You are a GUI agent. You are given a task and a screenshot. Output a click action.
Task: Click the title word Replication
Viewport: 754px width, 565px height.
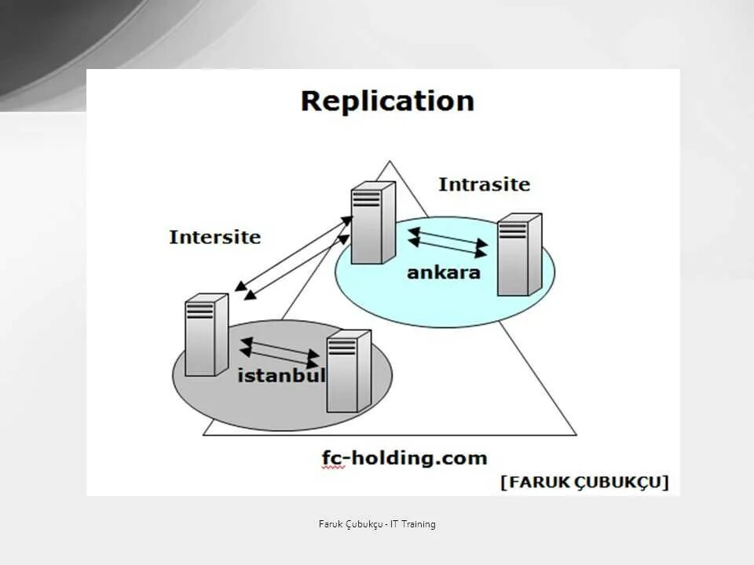tap(387, 101)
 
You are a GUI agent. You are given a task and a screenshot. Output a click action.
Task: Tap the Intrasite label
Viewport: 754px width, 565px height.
tap(484, 185)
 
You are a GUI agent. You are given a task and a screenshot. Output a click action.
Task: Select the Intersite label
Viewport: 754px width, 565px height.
tap(214, 237)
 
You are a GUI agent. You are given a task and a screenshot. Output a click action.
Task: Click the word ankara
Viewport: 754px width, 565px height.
tap(443, 273)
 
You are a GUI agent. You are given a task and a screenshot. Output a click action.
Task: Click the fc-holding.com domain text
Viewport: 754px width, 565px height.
tap(404, 457)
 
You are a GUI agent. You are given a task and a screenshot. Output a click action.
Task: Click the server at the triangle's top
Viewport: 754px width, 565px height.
tap(372, 223)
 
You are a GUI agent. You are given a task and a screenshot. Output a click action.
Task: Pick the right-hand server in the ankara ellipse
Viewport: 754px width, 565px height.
tap(518, 254)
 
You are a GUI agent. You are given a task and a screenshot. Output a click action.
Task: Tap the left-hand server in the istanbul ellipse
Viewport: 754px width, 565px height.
tap(206, 334)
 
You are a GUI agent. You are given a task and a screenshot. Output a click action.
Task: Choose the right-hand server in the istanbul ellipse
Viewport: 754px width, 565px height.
tap(348, 371)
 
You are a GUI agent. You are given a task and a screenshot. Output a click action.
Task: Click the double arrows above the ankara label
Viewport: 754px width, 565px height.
tap(447, 242)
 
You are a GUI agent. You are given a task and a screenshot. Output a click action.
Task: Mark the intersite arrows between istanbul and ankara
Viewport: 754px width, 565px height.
tap(292, 260)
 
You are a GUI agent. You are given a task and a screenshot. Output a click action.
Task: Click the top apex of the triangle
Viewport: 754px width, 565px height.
tap(390, 162)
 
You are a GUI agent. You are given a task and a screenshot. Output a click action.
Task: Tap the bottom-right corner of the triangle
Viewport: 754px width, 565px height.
tap(575, 434)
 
